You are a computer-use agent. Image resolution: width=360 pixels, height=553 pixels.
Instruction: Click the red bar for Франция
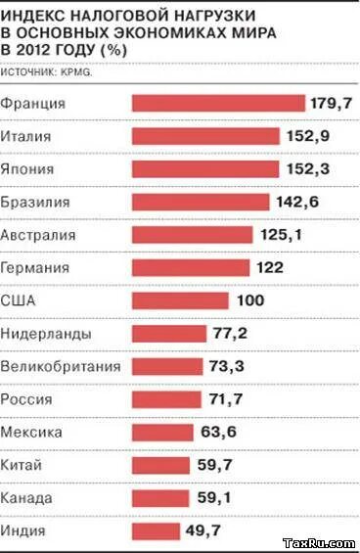(x=217, y=103)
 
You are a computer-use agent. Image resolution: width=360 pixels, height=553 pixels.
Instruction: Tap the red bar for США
(x=179, y=300)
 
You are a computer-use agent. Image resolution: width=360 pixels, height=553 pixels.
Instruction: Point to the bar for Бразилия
(x=200, y=202)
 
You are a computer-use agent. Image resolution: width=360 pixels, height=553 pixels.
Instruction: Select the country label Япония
(x=28, y=168)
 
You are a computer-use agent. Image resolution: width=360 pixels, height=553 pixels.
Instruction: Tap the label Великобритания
(x=61, y=366)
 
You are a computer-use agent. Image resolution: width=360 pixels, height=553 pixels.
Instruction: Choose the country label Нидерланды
(x=47, y=334)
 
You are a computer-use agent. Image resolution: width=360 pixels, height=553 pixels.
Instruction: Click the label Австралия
(x=39, y=235)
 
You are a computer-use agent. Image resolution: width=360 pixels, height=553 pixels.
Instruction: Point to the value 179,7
(x=332, y=103)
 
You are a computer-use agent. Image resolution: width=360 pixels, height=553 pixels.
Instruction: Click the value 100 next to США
(x=248, y=300)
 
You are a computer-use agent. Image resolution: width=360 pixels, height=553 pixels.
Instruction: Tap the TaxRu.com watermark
(x=317, y=542)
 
